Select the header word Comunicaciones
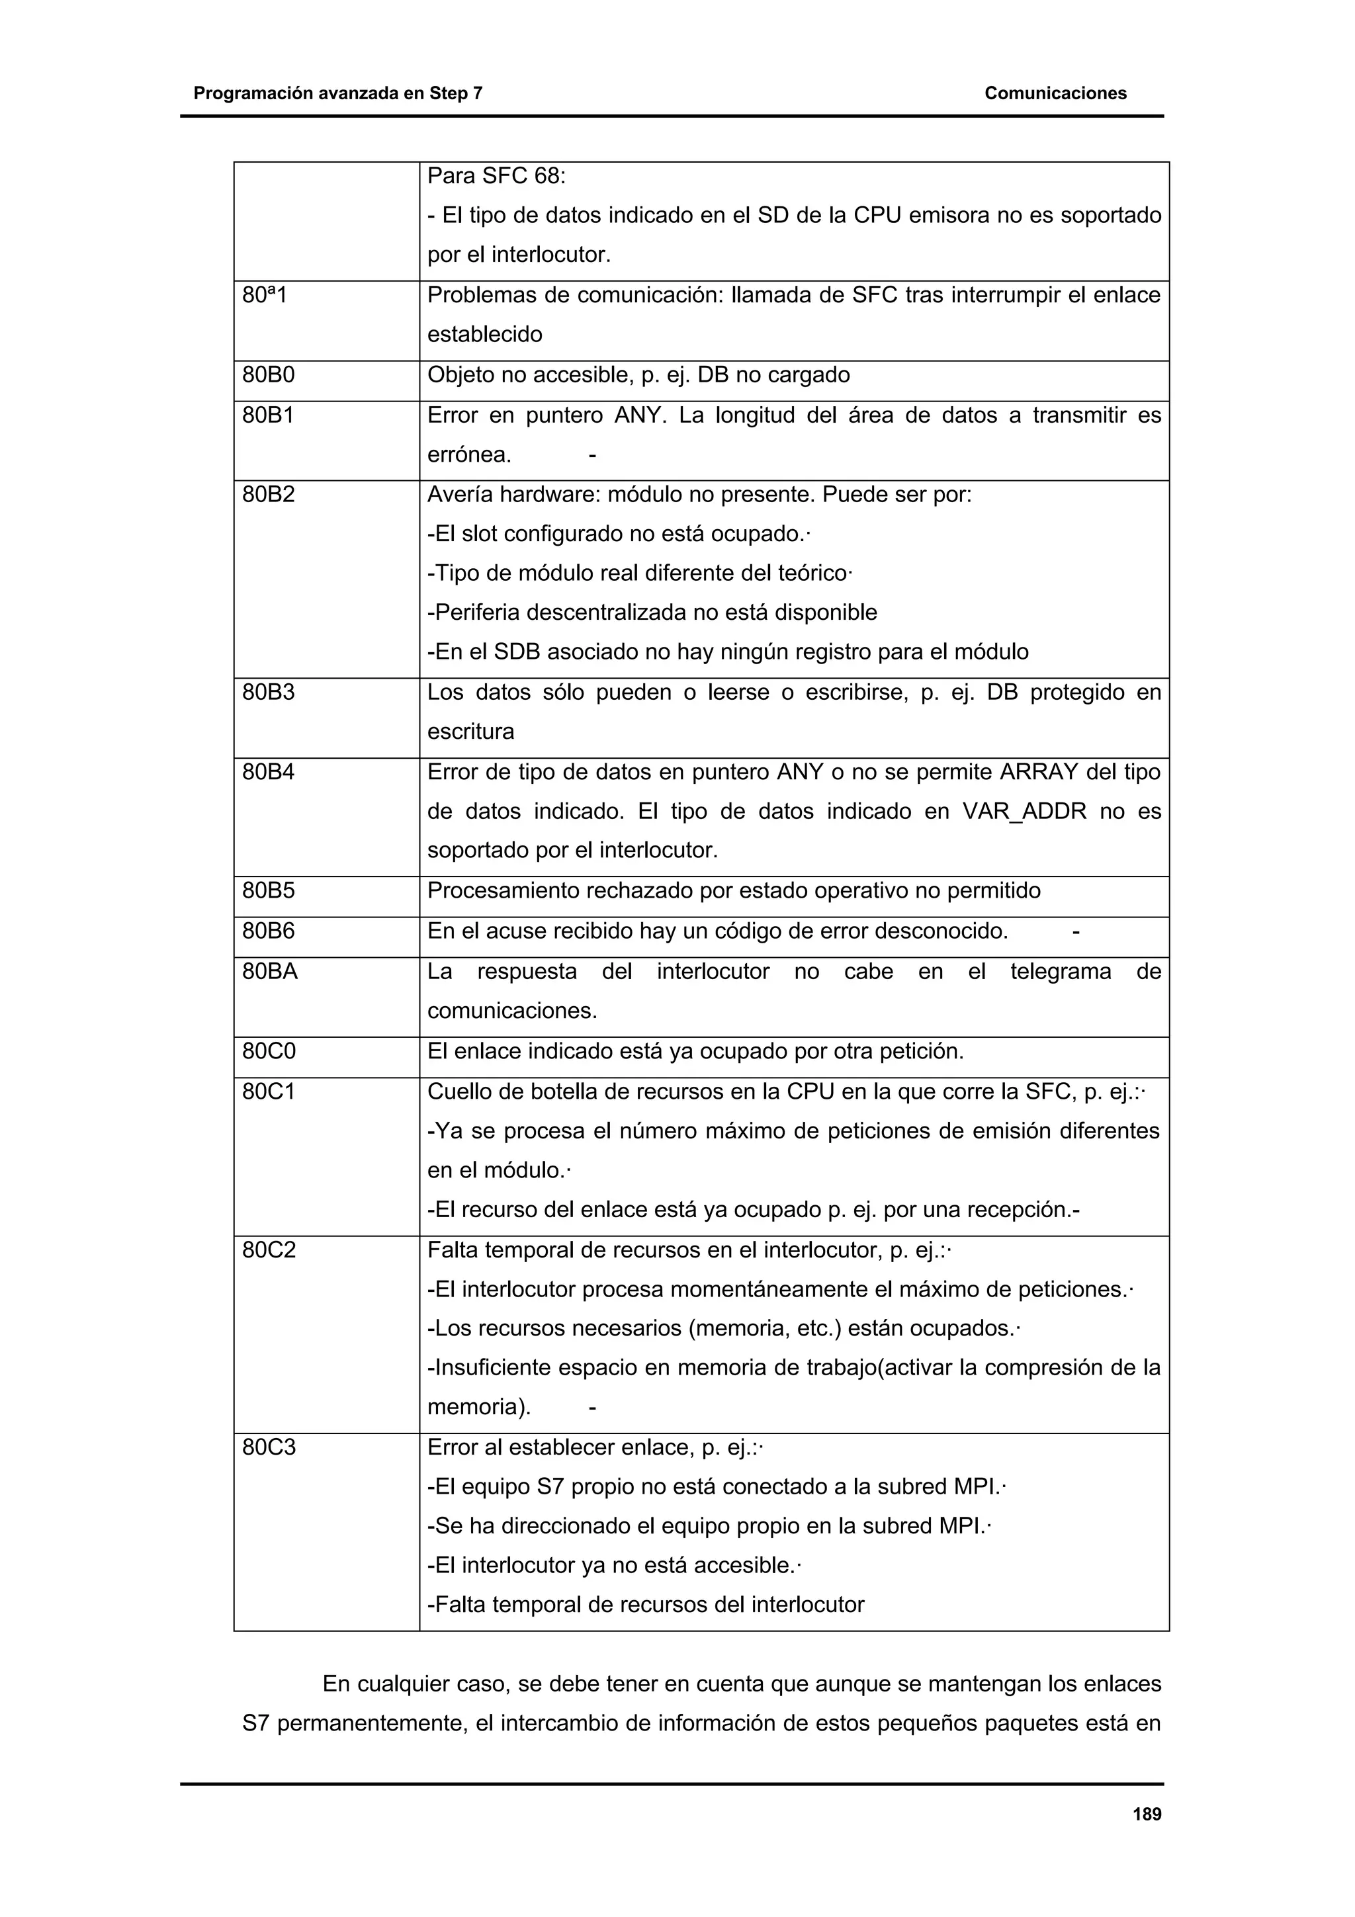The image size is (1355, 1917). (1055, 93)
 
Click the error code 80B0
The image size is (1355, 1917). (268, 375)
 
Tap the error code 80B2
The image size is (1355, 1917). (268, 494)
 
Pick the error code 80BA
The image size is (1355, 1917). (270, 971)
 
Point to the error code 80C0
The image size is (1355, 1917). (269, 1050)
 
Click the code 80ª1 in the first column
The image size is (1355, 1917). (264, 295)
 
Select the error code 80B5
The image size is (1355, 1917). (268, 890)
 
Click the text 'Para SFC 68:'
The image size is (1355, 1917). (496, 176)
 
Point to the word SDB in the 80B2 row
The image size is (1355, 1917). (517, 652)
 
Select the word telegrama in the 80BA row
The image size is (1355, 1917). (1061, 971)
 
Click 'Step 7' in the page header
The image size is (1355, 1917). (456, 93)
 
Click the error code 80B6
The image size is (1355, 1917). (268, 930)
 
